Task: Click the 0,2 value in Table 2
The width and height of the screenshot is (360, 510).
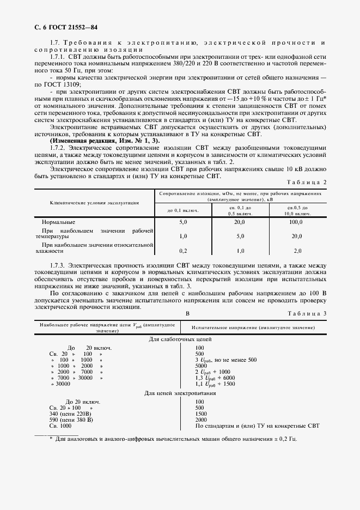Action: coord(183,251)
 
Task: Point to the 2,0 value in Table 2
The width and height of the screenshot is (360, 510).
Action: coord(297,251)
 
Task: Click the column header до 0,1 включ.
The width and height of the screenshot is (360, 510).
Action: coord(183,209)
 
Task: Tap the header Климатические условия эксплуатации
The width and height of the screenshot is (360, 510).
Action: coord(94,202)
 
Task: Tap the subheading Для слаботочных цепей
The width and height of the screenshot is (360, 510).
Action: coord(180,339)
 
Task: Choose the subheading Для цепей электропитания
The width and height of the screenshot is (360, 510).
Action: coord(180,392)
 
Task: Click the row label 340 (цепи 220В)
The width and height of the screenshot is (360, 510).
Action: coord(64,414)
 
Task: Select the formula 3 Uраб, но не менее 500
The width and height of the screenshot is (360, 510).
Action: coord(225,360)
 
